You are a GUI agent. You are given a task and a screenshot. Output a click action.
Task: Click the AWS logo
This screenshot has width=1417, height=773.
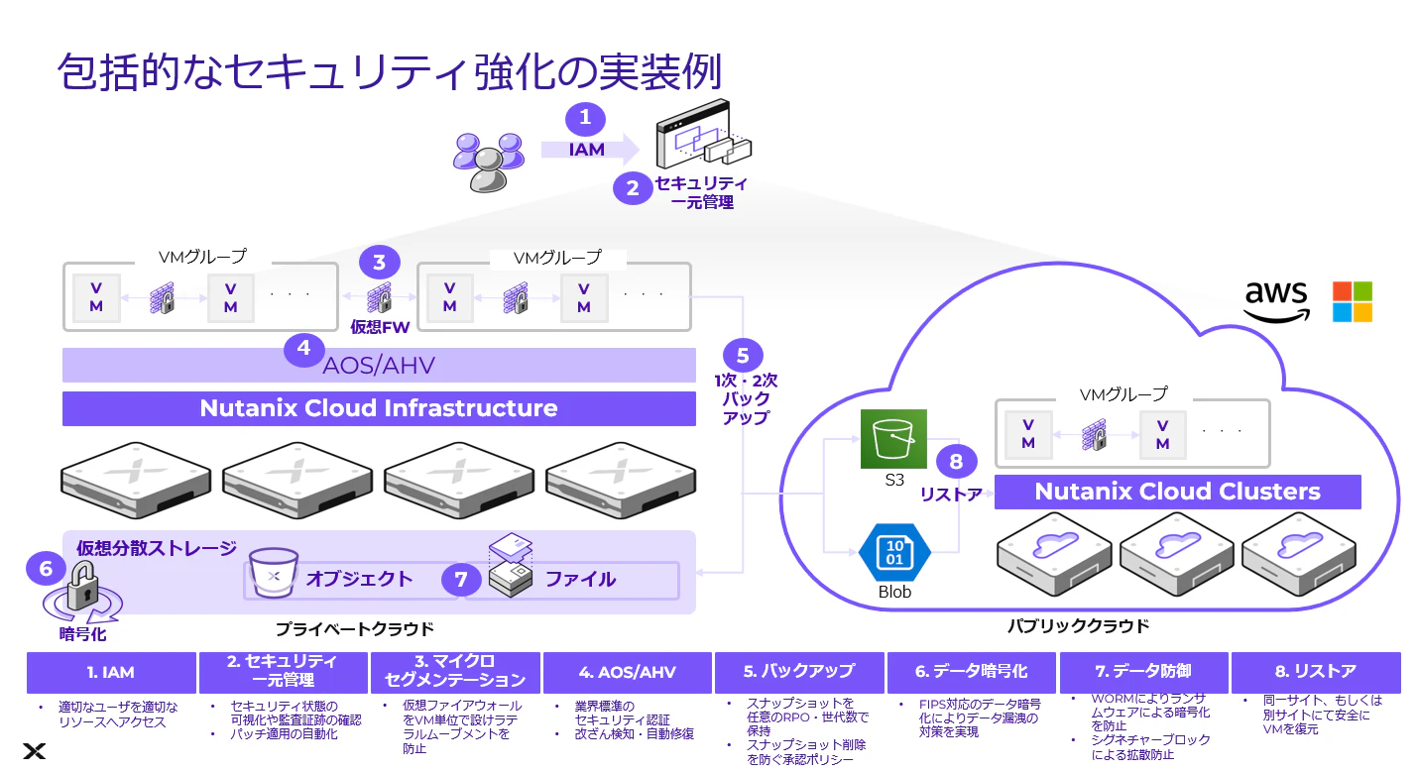pyautogui.click(x=1276, y=302)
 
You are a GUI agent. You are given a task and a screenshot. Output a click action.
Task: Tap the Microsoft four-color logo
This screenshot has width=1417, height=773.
pyautogui.click(x=1353, y=301)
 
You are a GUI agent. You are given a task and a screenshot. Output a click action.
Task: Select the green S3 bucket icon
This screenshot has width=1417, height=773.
pyautogui.click(x=893, y=439)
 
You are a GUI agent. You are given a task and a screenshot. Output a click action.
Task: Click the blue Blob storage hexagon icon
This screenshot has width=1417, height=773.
pyautogui.click(x=893, y=552)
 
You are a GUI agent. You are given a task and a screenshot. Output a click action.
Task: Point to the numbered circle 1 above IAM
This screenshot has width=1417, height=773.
pyautogui.click(x=585, y=118)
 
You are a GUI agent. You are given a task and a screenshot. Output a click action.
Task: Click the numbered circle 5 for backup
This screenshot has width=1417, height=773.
pyautogui.click(x=743, y=355)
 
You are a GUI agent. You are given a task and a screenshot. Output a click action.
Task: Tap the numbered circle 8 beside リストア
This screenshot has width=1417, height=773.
pyautogui.click(x=956, y=462)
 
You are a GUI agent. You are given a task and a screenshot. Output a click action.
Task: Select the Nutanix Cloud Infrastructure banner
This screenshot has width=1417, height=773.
pyautogui.click(x=379, y=408)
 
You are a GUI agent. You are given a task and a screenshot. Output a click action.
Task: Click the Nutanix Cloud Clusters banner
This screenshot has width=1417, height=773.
pyautogui.click(x=1177, y=492)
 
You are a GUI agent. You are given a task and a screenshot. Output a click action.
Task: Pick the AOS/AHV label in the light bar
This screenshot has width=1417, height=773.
pyautogui.click(x=379, y=366)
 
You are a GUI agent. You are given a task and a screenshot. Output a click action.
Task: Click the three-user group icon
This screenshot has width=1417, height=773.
pyautogui.click(x=488, y=162)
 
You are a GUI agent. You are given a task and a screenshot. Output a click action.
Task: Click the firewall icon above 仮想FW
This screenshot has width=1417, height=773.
pyautogui.click(x=379, y=297)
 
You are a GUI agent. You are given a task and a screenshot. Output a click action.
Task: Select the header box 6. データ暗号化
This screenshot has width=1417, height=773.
pyautogui.click(x=971, y=672)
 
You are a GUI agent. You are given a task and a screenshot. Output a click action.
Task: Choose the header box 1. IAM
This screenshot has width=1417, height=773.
pyautogui.click(x=111, y=673)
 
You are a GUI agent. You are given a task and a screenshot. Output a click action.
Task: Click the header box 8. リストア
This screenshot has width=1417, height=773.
pyautogui.click(x=1316, y=672)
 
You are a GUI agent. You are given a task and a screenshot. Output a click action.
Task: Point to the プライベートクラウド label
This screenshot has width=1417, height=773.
pyautogui.click(x=354, y=629)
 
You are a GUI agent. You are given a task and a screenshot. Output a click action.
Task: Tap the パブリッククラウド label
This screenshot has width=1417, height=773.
pyautogui.click(x=1078, y=626)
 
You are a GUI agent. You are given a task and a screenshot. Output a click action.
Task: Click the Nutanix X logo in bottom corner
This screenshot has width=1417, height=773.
pyautogui.click(x=34, y=751)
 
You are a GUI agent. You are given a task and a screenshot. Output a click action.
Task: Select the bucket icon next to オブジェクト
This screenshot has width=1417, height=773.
pyautogui.click(x=274, y=573)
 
